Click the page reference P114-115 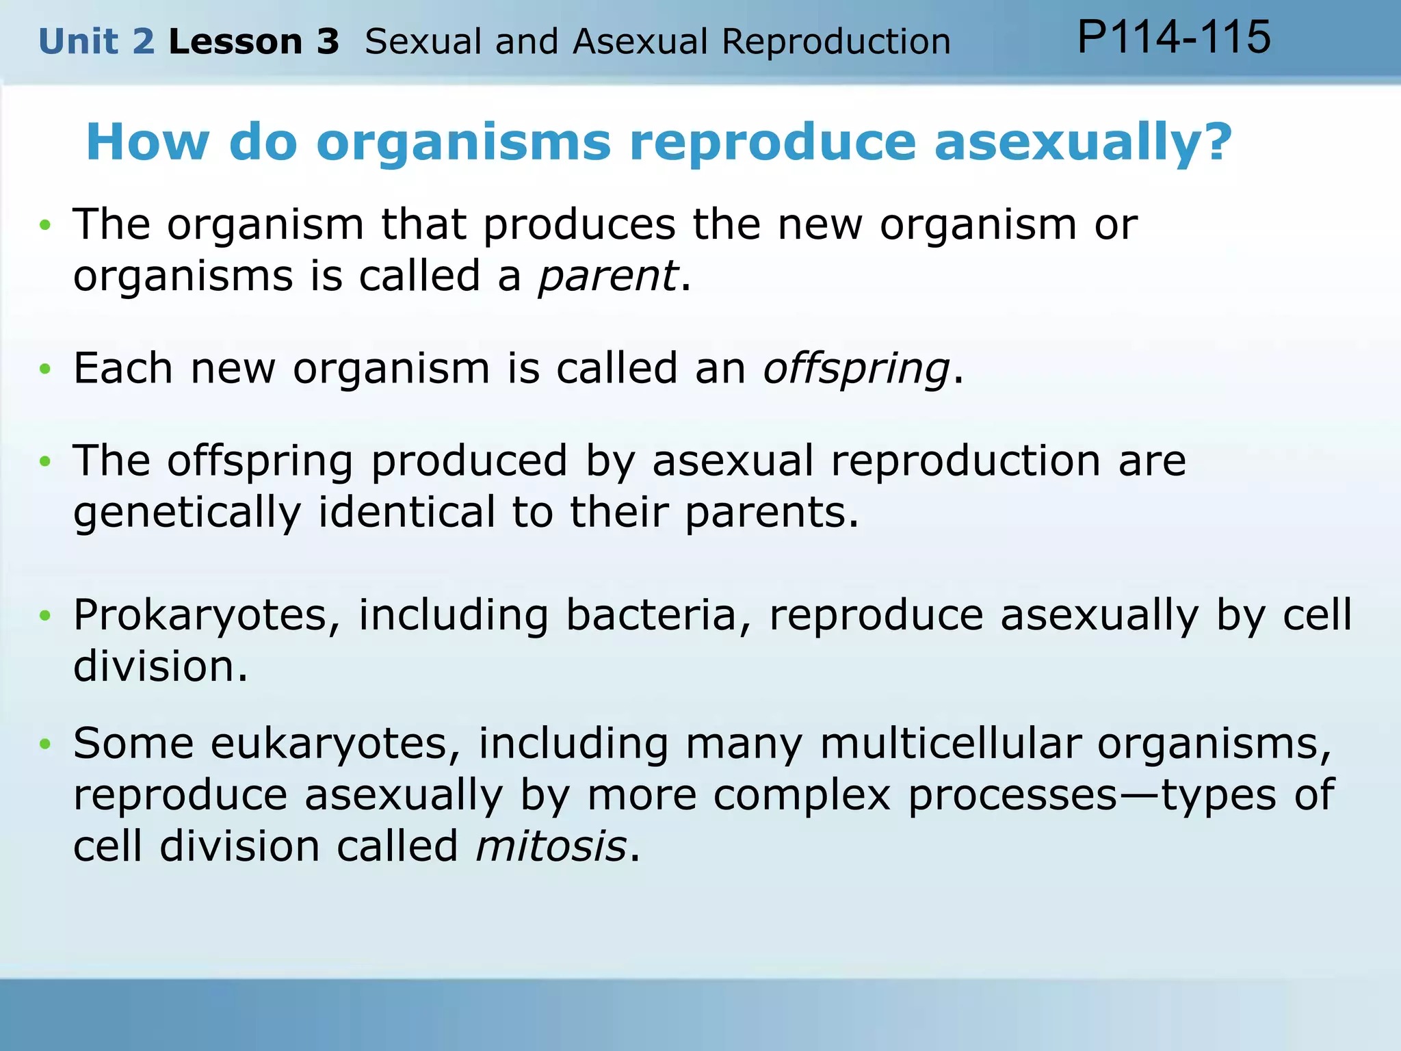coord(1174,37)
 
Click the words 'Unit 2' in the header coord(96,42)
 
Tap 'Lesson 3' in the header coord(254,42)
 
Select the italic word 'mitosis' coord(551,846)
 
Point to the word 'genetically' coord(187,512)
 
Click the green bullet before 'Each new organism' coord(45,369)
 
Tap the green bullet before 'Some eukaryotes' coord(45,744)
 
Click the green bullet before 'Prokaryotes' coord(45,616)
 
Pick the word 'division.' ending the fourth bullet coord(160,666)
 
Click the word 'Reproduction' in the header coord(836,42)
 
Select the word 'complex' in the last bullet coord(802,795)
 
